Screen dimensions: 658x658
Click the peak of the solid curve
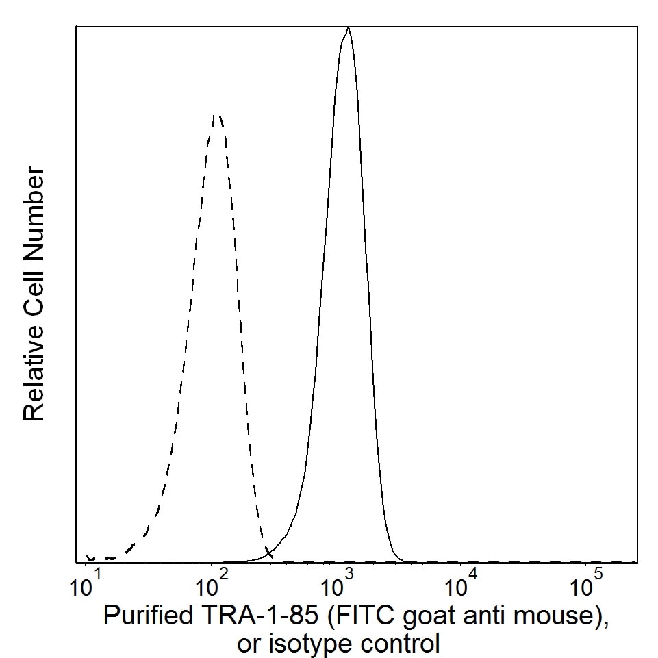point(349,28)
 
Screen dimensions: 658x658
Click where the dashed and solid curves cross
point(268,554)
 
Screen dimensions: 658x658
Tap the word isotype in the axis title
point(299,644)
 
